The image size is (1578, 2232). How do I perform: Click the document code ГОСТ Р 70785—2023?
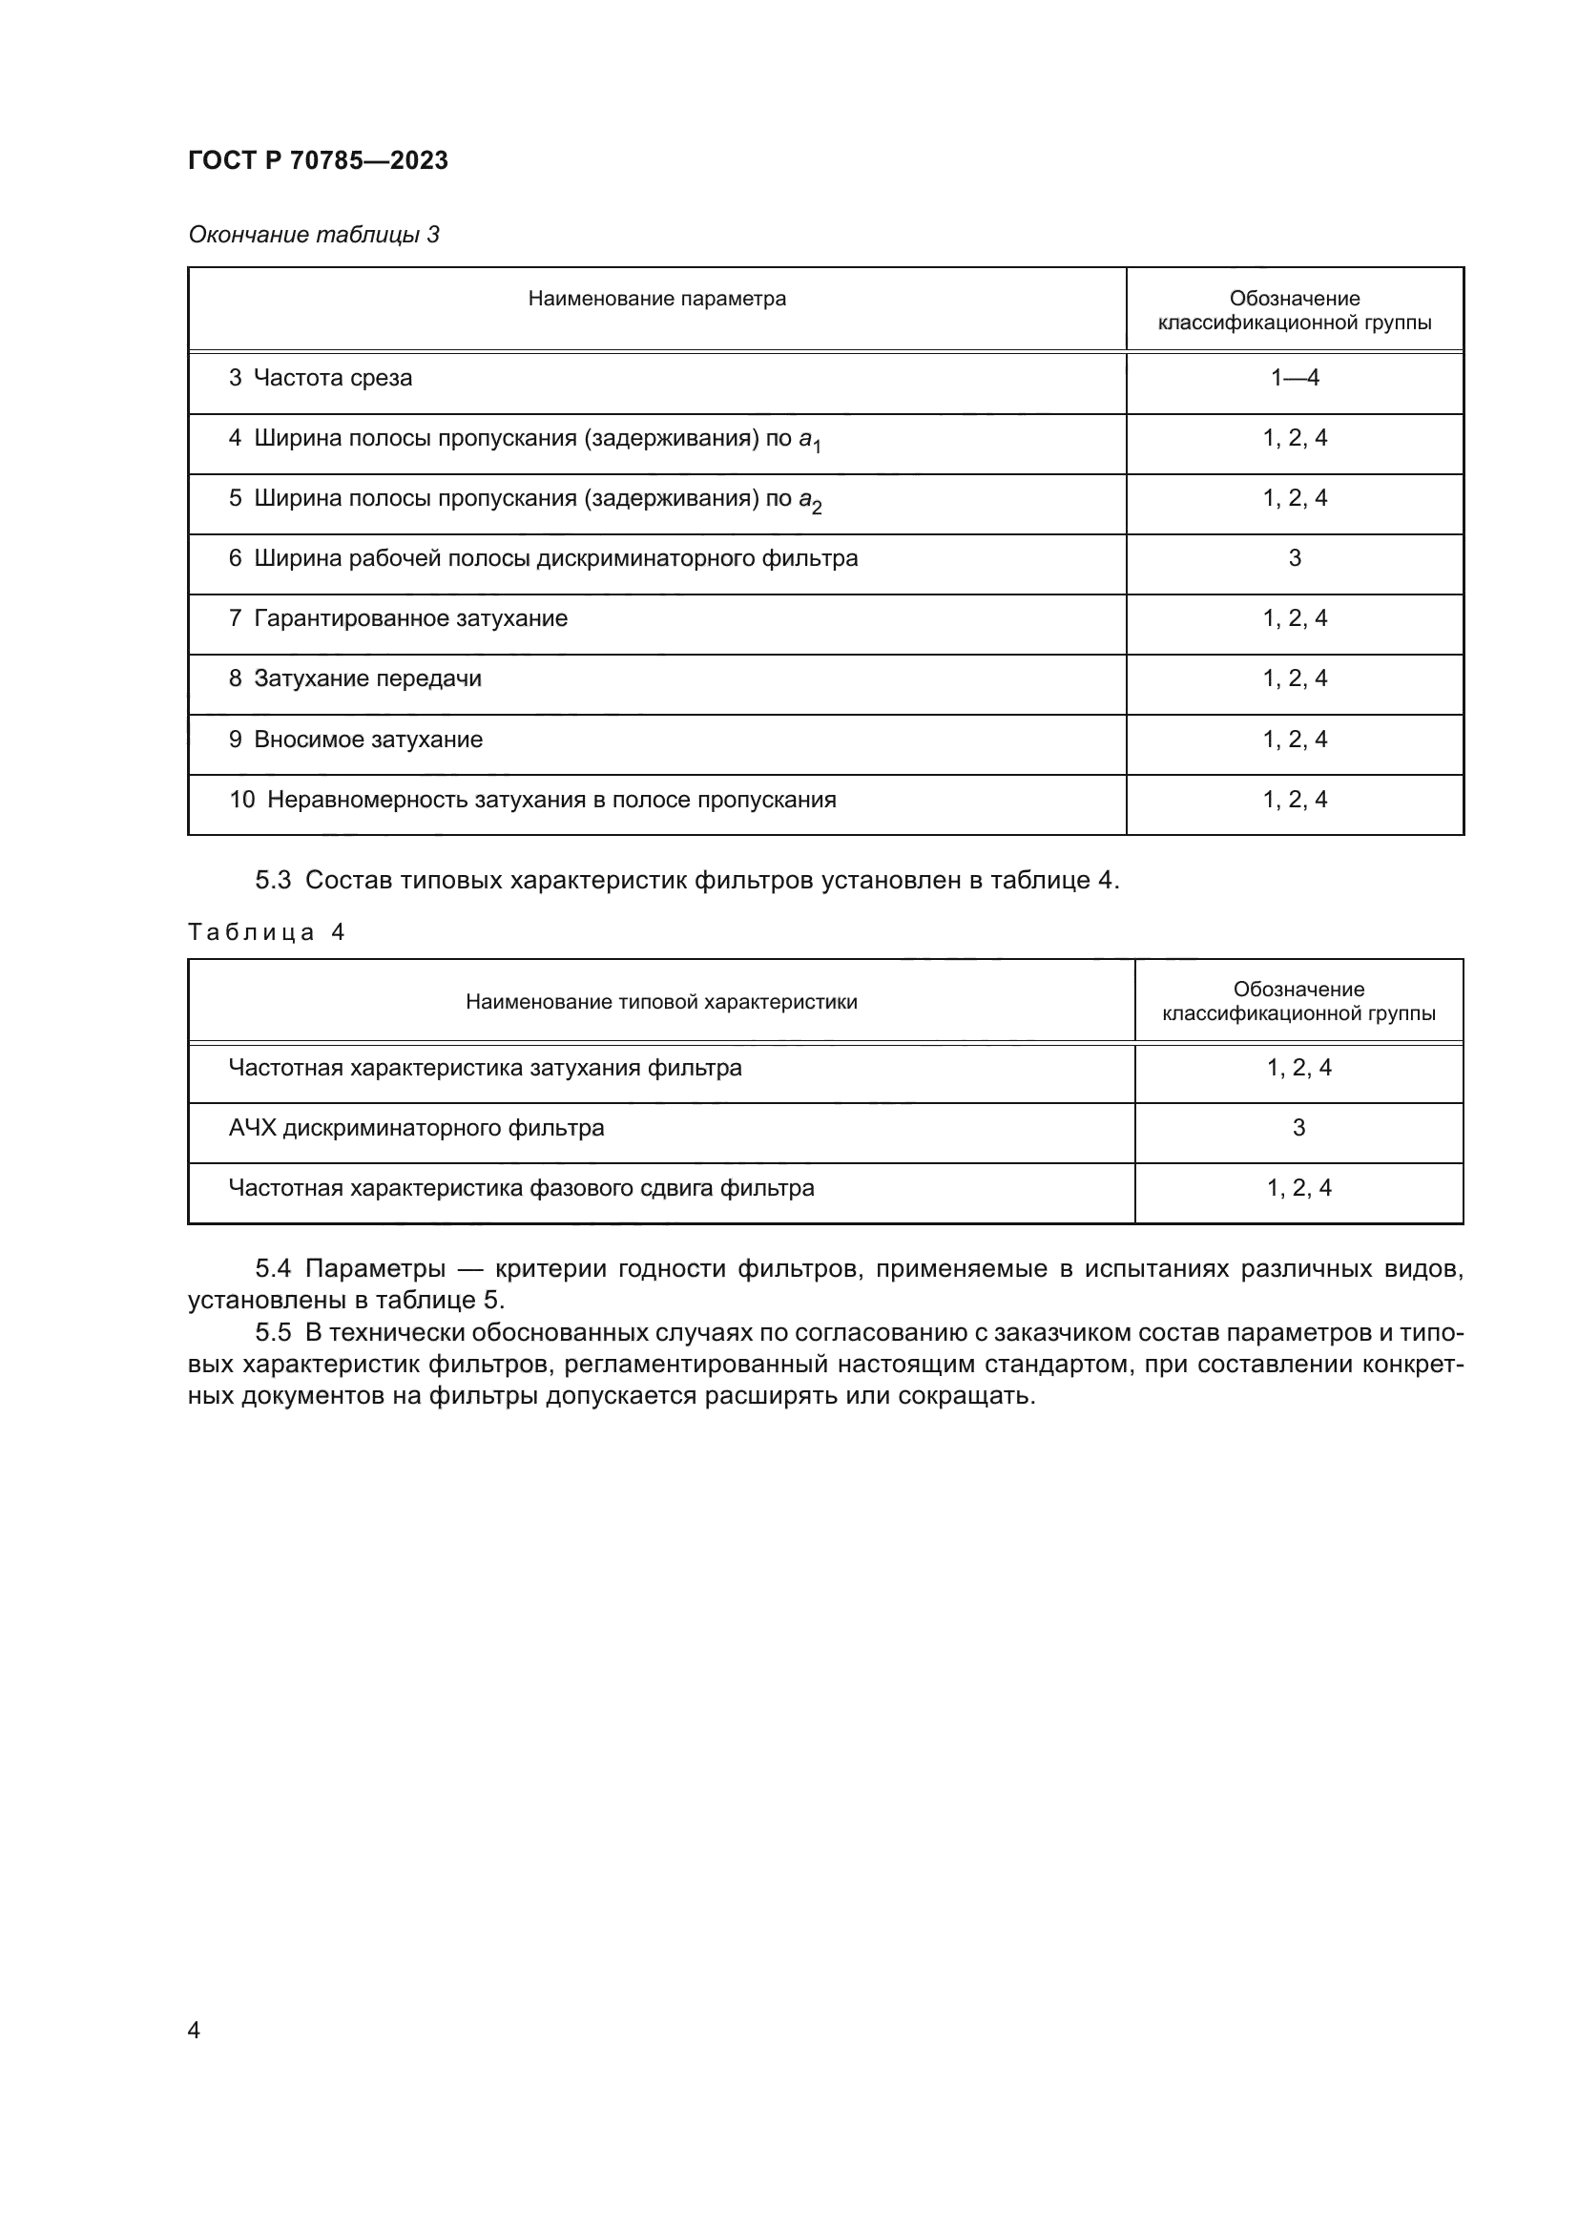point(318,160)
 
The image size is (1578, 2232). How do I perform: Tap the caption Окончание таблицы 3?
point(313,235)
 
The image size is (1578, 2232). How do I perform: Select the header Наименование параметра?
point(656,299)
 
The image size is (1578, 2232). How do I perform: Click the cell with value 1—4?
point(1295,378)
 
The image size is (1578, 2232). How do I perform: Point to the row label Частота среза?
point(332,378)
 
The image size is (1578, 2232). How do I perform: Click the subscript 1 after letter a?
point(818,448)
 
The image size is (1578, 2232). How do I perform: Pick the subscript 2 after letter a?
point(818,508)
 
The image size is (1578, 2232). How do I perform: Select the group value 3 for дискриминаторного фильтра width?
point(1295,558)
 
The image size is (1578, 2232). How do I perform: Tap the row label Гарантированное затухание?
point(410,618)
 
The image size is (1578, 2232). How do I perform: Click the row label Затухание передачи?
point(367,678)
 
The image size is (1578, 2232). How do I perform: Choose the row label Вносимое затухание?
point(367,740)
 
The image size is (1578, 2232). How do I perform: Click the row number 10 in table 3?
point(241,800)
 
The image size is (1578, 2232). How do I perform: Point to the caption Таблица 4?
point(265,932)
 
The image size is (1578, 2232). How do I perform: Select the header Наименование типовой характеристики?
point(661,1001)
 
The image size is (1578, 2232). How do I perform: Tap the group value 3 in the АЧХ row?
point(1298,1128)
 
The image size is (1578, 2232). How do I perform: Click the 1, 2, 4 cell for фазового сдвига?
point(1298,1188)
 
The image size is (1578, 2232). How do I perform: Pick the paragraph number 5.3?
point(272,881)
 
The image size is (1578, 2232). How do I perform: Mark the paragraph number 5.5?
point(272,1333)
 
